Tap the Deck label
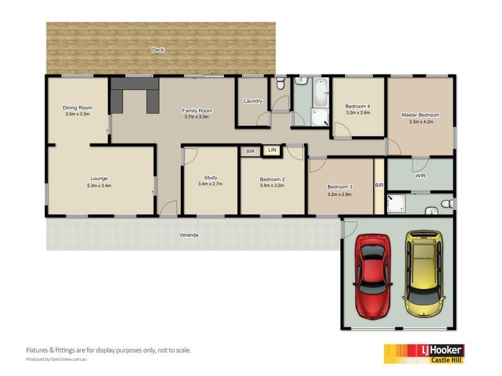(158, 50)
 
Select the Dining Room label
(77, 108)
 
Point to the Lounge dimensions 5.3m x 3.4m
(99, 185)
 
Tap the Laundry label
(253, 101)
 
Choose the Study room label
(210, 177)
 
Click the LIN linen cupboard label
(272, 150)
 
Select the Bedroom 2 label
(272, 179)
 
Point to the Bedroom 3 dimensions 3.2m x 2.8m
(339, 194)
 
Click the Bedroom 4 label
(357, 107)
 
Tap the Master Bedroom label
(420, 115)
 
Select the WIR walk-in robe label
(420, 176)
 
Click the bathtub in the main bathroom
(321, 93)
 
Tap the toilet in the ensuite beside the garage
(447, 204)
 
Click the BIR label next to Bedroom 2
(250, 151)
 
